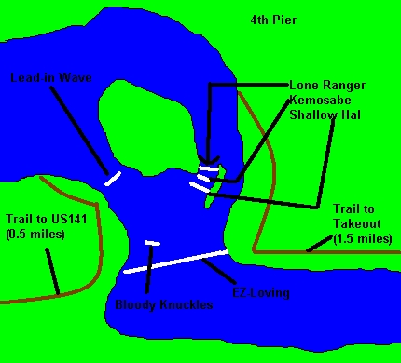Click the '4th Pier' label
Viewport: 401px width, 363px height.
click(274, 18)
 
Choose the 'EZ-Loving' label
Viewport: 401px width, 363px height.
click(261, 293)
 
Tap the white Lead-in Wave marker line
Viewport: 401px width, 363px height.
click(113, 177)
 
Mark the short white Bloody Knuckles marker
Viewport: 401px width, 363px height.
click(152, 244)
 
